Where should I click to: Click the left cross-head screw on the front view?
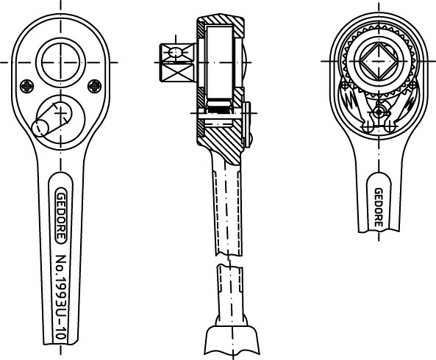[27, 86]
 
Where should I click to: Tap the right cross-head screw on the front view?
[95, 86]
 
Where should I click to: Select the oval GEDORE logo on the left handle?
[61, 215]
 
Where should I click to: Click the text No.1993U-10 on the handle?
[61, 297]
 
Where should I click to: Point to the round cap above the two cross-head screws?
[60, 62]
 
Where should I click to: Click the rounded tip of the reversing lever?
[40, 129]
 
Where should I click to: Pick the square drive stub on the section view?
[178, 62]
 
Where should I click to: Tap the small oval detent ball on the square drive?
[176, 52]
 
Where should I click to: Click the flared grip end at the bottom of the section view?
[232, 341]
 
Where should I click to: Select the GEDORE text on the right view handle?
[379, 207]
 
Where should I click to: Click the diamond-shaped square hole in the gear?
[379, 61]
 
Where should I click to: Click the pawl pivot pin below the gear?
[379, 112]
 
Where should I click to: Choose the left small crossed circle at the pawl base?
[368, 128]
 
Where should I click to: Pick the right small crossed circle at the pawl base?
[390, 128]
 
